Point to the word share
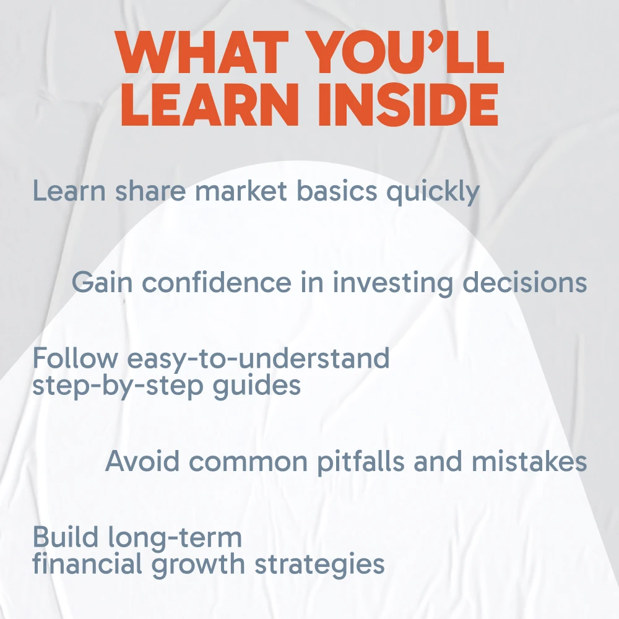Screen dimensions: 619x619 pos(150,190)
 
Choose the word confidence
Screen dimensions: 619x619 pos(217,282)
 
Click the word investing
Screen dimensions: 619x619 pos(393,283)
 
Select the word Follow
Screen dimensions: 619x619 pos(75,358)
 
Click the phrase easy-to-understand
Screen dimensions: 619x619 pos(259,358)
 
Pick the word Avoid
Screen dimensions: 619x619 pos(142,461)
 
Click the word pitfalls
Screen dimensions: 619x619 pos(361,462)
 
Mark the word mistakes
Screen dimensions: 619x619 pos(529,461)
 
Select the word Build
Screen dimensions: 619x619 pos(66,537)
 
